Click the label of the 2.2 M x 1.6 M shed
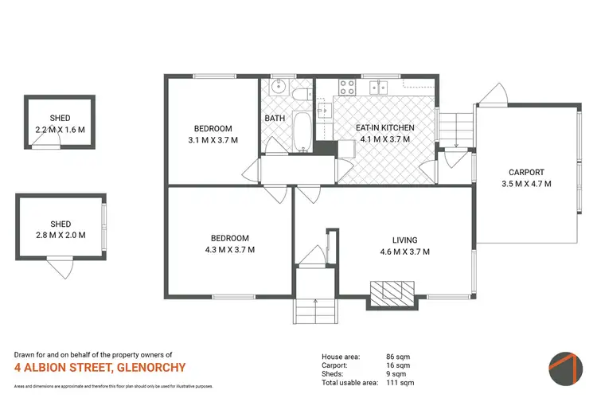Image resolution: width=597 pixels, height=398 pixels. [60, 118]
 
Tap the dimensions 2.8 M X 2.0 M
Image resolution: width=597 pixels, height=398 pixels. [60, 235]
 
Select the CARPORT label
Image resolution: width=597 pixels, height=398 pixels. [527, 172]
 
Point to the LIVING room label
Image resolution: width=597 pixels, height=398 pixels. [404, 240]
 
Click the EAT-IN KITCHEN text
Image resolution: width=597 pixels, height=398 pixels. [384, 127]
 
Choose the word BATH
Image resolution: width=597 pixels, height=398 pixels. [275, 119]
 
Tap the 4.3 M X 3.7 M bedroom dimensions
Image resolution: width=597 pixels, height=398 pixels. [229, 249]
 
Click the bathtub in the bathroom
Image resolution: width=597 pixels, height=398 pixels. [303, 131]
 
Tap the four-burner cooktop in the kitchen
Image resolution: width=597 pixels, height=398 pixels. [348, 88]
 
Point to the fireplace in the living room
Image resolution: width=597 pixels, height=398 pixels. [393, 291]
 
